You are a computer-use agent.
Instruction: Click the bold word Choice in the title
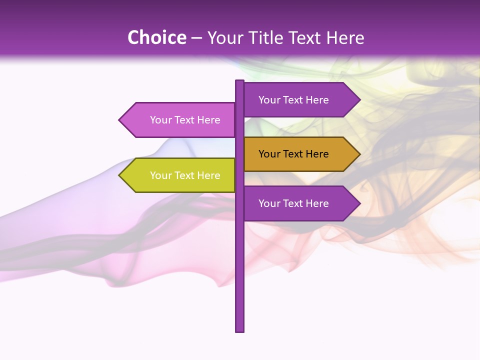pos(156,37)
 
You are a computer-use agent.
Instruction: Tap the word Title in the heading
pos(270,37)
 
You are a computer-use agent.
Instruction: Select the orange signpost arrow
pos(300,154)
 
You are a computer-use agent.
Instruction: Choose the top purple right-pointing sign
pos(300,100)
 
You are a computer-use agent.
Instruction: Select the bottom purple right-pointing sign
pos(300,203)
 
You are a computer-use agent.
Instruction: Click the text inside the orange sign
pos(293,154)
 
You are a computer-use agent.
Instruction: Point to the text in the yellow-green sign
pos(185,175)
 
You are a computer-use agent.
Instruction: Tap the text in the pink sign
pos(185,120)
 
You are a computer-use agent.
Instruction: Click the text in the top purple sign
pos(293,100)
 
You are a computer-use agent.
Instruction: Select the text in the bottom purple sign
pos(293,203)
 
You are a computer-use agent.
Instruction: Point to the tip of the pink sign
pos(120,120)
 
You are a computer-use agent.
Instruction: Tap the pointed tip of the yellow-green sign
pos(120,175)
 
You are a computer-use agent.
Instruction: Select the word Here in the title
pos(345,37)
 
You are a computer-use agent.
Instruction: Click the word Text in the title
pos(306,37)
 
